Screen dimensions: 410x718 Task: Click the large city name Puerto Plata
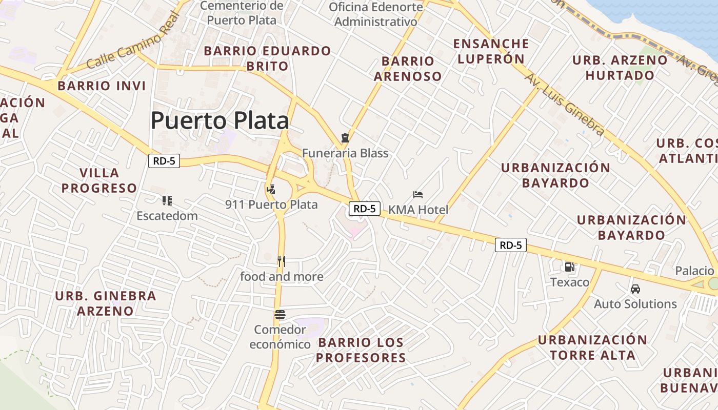click(x=220, y=121)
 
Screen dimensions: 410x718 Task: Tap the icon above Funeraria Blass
click(x=345, y=138)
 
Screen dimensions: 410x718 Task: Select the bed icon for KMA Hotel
click(x=418, y=195)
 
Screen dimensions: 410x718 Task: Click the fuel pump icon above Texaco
click(x=569, y=267)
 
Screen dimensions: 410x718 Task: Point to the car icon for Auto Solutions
click(x=635, y=289)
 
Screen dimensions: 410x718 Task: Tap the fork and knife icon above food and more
click(x=281, y=261)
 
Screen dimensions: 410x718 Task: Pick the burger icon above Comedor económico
click(x=280, y=314)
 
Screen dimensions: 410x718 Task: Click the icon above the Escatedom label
click(x=167, y=200)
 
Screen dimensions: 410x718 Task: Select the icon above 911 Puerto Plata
click(x=271, y=190)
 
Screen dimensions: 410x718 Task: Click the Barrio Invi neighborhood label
click(x=102, y=86)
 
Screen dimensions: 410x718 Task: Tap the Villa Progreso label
click(x=99, y=180)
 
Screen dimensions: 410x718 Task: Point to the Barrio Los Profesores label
click(x=361, y=350)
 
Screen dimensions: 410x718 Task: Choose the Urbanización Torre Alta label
click(x=592, y=347)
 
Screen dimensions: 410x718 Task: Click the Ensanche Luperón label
click(x=491, y=51)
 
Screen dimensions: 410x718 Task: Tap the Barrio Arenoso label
click(x=407, y=69)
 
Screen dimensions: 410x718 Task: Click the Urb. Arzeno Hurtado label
click(x=620, y=68)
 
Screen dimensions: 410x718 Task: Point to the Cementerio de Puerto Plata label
click(x=241, y=13)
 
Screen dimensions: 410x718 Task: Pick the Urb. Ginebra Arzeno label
click(x=105, y=303)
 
